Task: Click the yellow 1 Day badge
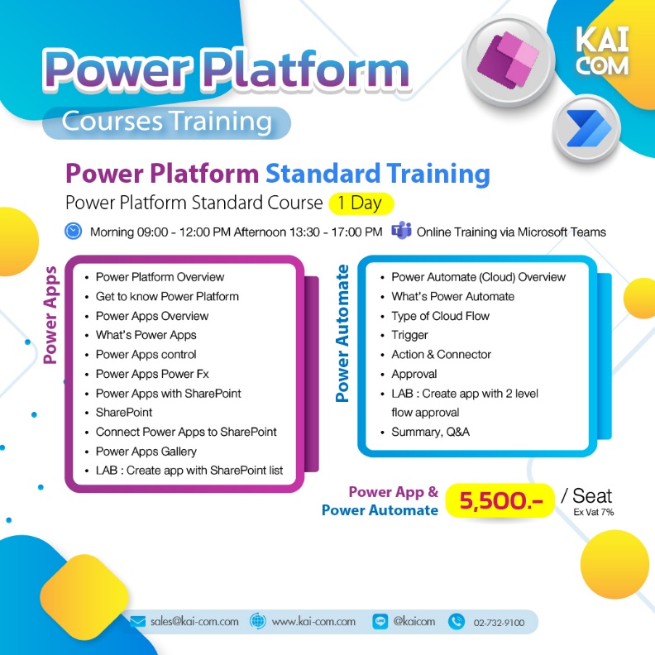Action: coord(361,203)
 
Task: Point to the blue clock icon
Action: coord(73,231)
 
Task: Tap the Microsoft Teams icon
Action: coord(402,231)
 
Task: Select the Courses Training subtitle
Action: coord(167,122)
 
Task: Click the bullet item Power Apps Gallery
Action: coord(146,451)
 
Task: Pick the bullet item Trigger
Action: coord(409,335)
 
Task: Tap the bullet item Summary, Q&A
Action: coord(430,432)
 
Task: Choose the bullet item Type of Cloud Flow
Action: coord(440,315)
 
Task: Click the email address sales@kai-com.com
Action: coord(194,621)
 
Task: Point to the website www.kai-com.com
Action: coord(313,621)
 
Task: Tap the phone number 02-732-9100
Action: coord(499,622)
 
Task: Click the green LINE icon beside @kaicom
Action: coord(380,621)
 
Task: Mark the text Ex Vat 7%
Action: coord(594,513)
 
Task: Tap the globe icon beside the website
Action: coord(257,621)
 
